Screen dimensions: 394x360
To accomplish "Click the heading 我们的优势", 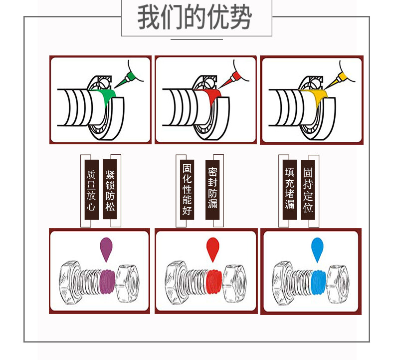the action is [x=195, y=17].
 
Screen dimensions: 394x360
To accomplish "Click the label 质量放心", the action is [x=91, y=190].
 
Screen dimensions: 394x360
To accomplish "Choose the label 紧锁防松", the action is [x=110, y=189].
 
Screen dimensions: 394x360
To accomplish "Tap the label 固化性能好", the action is [x=187, y=190].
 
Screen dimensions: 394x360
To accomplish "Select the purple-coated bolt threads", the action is [x=107, y=282].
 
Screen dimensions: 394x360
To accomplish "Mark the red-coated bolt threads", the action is [x=213, y=282].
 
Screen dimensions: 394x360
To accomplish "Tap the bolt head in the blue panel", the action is [x=284, y=283].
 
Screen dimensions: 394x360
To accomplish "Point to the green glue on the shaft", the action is [x=107, y=97].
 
